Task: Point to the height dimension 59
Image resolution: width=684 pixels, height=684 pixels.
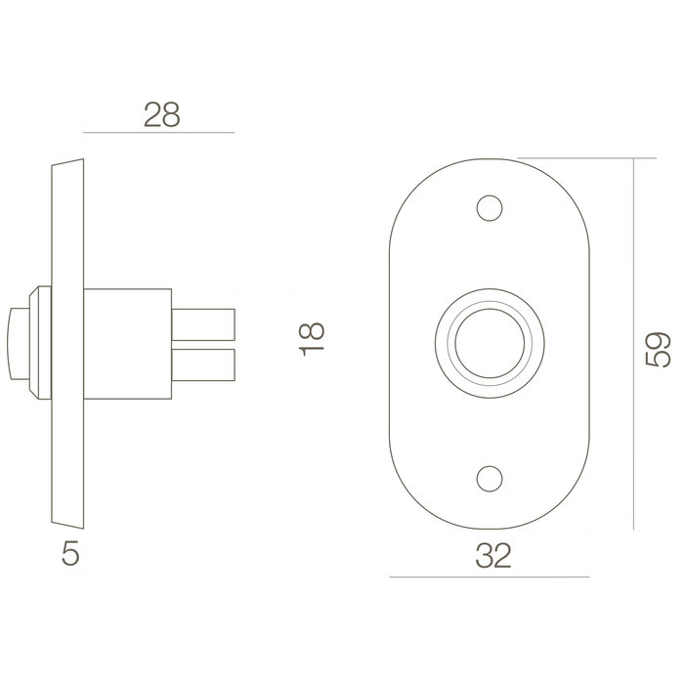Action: (x=662, y=349)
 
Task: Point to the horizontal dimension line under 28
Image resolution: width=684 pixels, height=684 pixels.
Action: (x=160, y=132)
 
